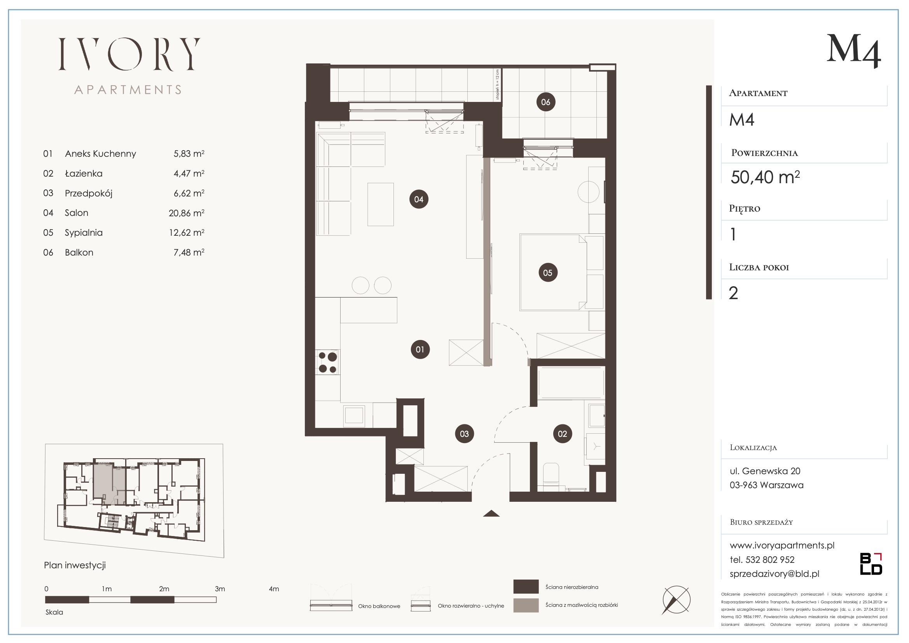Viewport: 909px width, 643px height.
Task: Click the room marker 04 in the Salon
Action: tap(418, 199)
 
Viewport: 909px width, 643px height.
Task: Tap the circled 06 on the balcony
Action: tap(545, 102)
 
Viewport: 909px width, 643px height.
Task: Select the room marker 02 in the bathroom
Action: tap(562, 434)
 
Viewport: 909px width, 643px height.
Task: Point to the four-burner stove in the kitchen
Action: tap(327, 362)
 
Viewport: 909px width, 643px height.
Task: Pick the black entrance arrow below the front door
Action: tap(491, 513)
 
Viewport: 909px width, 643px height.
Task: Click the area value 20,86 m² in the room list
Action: tap(187, 213)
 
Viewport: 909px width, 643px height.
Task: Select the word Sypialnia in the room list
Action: tap(84, 233)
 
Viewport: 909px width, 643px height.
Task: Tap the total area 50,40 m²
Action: tap(765, 177)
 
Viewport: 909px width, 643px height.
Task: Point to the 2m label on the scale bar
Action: tap(164, 589)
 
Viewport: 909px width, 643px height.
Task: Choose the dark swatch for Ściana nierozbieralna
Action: tap(526, 586)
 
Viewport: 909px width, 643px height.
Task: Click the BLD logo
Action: tap(871, 564)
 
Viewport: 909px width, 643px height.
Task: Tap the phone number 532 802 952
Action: tap(770, 560)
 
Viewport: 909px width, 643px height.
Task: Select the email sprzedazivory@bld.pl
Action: tap(774, 574)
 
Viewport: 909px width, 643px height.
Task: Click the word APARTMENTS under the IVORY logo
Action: tap(128, 90)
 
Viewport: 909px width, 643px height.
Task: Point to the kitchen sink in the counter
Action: tap(354, 415)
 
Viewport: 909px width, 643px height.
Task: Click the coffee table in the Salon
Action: tap(381, 205)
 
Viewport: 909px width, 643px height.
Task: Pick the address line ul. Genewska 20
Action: tap(765, 471)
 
